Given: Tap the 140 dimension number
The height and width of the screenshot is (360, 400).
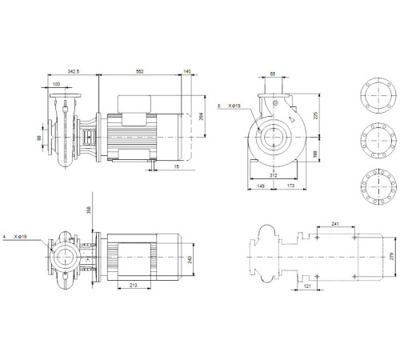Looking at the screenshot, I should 186,72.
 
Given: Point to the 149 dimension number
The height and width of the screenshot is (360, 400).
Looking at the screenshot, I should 261,186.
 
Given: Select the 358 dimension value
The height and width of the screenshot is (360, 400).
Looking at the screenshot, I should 90,211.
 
